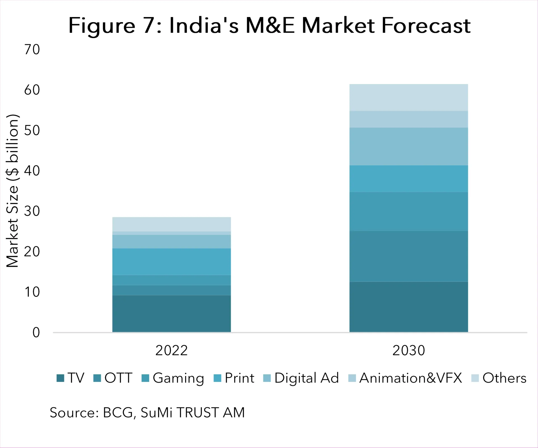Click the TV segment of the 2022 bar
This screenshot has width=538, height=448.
pyautogui.click(x=171, y=314)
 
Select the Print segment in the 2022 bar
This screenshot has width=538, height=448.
pyautogui.click(x=171, y=261)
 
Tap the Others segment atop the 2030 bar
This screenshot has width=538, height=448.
pyautogui.click(x=409, y=98)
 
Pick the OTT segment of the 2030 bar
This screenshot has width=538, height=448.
pyautogui.click(x=409, y=256)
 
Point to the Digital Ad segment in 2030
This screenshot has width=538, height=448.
pyautogui.click(x=409, y=146)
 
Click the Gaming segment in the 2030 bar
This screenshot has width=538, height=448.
pyautogui.click(x=409, y=211)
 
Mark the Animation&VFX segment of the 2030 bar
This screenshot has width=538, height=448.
pyautogui.click(x=409, y=119)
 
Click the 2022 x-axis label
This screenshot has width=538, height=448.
pyautogui.click(x=171, y=350)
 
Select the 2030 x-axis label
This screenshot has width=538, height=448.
pyautogui.click(x=409, y=350)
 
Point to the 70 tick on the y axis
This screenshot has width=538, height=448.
pyautogui.click(x=32, y=50)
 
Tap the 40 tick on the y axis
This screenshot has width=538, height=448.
pyautogui.click(x=32, y=171)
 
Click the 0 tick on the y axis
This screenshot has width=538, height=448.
pyautogui.click(x=36, y=333)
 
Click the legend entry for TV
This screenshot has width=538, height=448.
pyautogui.click(x=70, y=378)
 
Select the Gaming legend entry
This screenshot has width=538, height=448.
pyautogui.click(x=173, y=378)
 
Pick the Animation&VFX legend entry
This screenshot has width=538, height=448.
pyautogui.click(x=405, y=378)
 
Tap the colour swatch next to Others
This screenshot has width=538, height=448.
pyautogui.click(x=475, y=378)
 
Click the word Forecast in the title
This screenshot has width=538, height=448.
pyautogui.click(x=426, y=26)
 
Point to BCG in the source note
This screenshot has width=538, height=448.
pyautogui.click(x=118, y=413)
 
